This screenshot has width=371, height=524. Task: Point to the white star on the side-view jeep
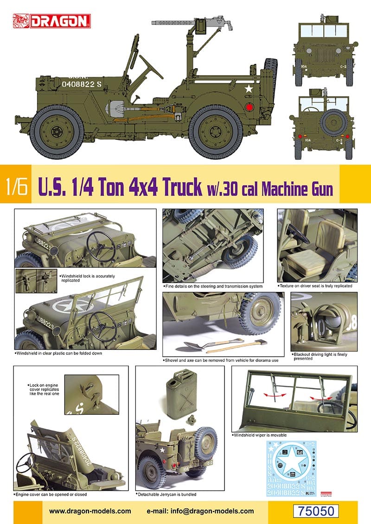click(x=249, y=89)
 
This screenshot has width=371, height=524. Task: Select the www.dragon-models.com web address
click(x=90, y=511)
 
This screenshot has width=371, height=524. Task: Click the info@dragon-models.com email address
click(x=200, y=511)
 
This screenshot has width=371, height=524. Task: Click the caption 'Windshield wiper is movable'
click(x=260, y=436)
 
